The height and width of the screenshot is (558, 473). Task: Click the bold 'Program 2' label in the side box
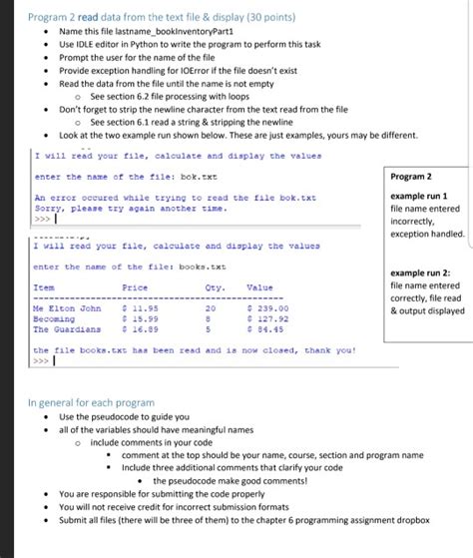click(x=413, y=178)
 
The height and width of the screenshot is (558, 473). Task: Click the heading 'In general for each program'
click(x=92, y=402)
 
